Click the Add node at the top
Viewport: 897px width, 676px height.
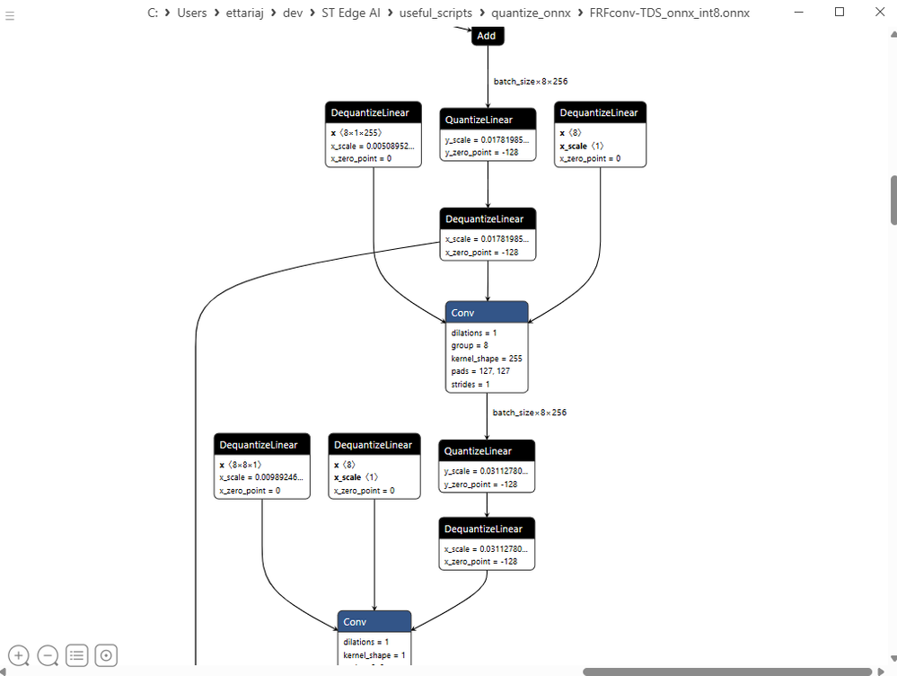tap(487, 36)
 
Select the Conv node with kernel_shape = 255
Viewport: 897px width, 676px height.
tap(487, 312)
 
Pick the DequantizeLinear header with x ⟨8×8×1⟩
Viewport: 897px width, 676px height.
tap(262, 445)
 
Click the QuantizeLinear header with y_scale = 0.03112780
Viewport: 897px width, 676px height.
tap(487, 451)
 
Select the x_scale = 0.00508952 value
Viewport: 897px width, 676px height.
tap(374, 146)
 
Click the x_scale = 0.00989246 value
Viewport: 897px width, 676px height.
tap(262, 478)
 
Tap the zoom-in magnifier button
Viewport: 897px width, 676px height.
tap(19, 655)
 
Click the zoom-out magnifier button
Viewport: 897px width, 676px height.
tap(48, 655)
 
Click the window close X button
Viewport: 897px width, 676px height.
tap(879, 13)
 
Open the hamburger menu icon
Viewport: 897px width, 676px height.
tap(10, 16)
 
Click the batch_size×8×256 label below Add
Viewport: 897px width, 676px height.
tap(530, 81)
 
